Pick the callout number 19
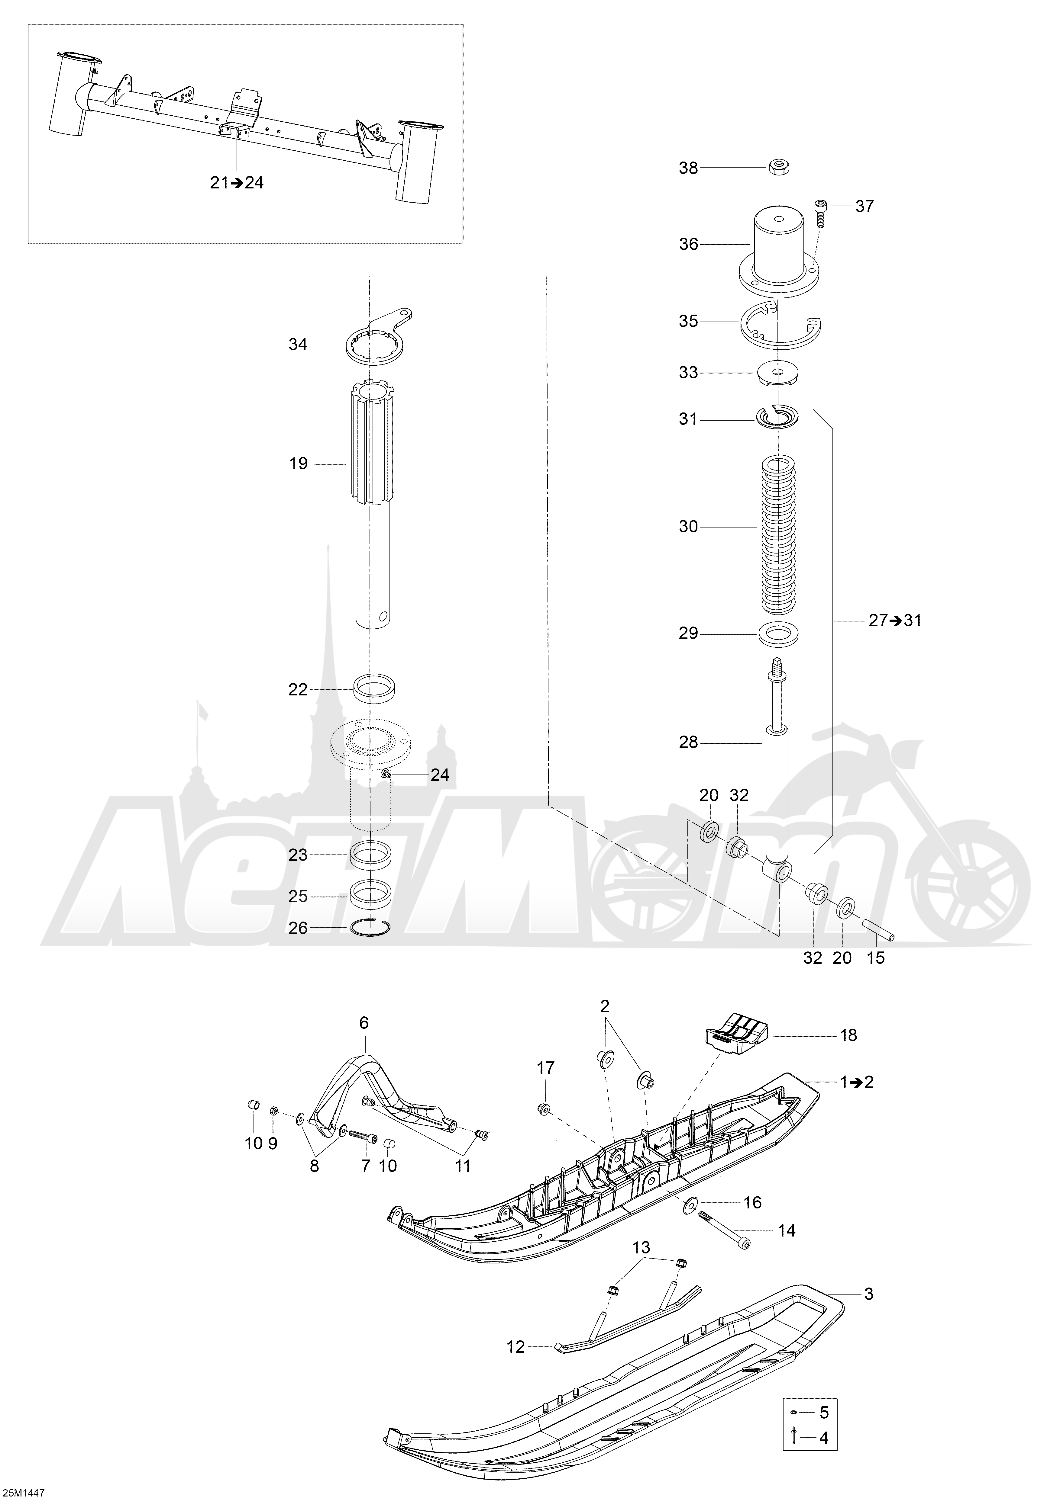click(x=298, y=464)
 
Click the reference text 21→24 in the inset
click(x=236, y=183)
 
